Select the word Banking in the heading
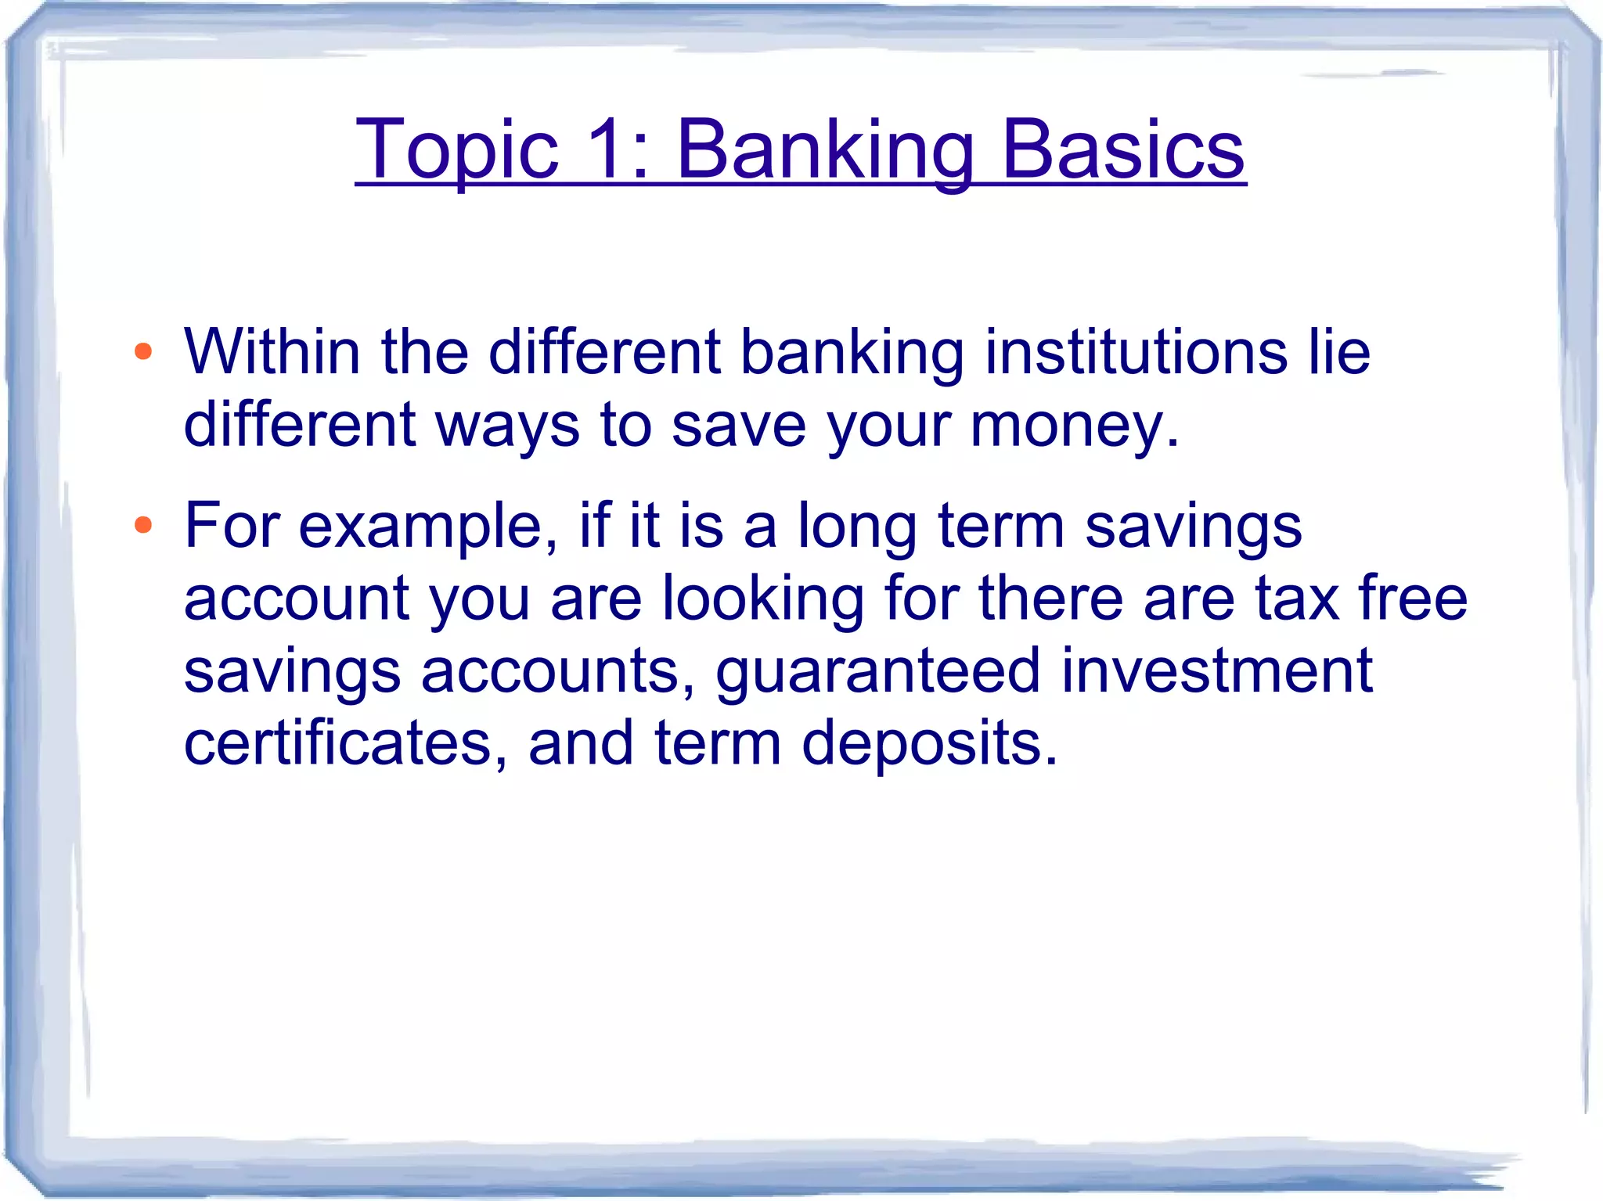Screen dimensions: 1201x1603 pyautogui.click(x=825, y=150)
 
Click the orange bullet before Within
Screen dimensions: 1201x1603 pyautogui.click(x=142, y=351)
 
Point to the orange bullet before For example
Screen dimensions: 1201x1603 pyautogui.click(x=142, y=525)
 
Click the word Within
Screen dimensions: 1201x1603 pyautogui.click(x=272, y=351)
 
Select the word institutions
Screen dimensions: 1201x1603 pyautogui.click(x=1136, y=351)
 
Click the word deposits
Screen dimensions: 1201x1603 pyautogui.click(x=929, y=744)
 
